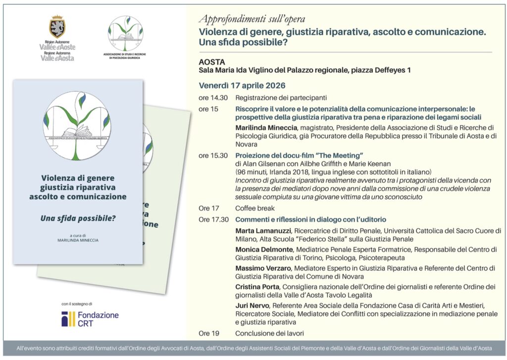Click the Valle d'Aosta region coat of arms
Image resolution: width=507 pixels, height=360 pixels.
click(57, 27)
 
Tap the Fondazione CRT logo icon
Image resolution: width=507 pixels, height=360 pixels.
click(68, 319)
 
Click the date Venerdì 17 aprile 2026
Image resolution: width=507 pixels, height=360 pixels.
click(242, 85)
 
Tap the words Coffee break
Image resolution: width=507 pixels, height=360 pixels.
click(254, 208)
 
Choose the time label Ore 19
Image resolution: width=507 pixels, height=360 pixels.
click(208, 333)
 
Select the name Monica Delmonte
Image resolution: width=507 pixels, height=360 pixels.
click(264, 250)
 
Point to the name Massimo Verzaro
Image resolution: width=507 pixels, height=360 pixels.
click(263, 268)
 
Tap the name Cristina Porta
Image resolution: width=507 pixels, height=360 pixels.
click(257, 287)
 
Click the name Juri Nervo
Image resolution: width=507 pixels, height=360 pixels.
click(252, 305)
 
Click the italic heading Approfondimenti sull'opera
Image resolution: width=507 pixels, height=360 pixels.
click(252, 20)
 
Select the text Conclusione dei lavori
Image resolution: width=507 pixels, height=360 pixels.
click(269, 333)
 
